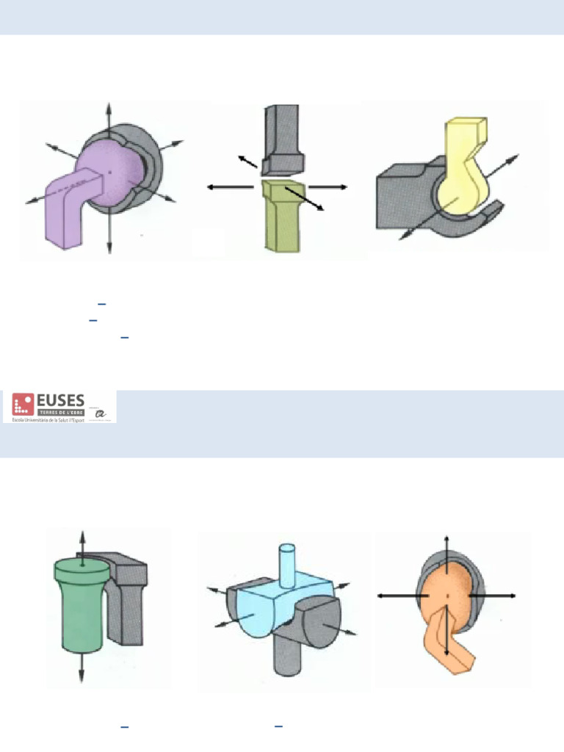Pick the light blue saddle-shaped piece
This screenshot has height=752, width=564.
pyautogui.click(x=283, y=587)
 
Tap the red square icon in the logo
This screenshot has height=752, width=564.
pyautogui.click(x=23, y=404)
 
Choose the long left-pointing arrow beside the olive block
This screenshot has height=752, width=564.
pyautogui.click(x=228, y=187)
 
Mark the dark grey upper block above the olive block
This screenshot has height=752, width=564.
pyautogui.click(x=281, y=136)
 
